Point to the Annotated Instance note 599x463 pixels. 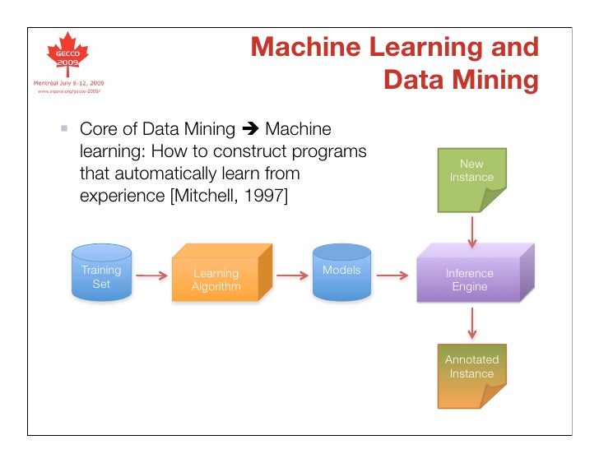472,374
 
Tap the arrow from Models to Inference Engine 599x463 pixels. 392,276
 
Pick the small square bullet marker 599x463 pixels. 63,130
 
